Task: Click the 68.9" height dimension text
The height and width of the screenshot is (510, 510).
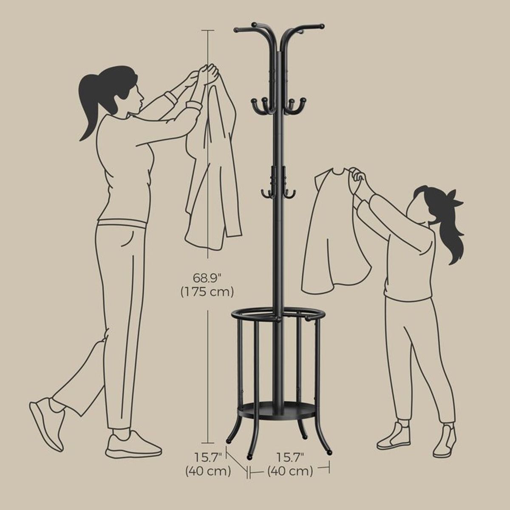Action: click(207, 278)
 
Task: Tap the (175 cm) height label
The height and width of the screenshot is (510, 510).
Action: click(207, 292)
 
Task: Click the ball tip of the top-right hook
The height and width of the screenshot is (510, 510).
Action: click(322, 26)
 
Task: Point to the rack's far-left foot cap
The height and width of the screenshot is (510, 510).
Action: click(229, 441)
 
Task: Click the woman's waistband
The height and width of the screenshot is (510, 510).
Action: click(122, 222)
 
